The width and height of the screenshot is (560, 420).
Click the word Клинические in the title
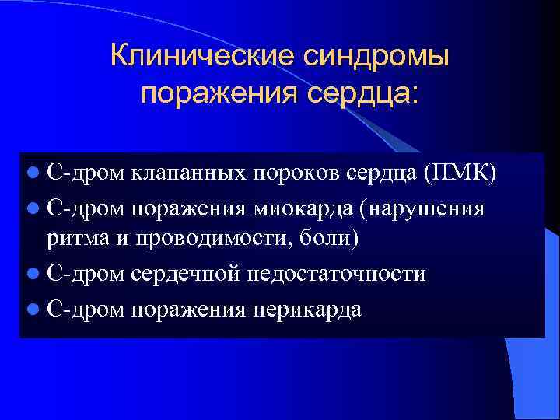click(x=198, y=56)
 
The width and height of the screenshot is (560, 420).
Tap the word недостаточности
click(x=335, y=274)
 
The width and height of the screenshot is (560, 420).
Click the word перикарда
click(x=307, y=309)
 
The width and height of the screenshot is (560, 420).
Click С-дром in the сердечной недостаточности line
click(x=85, y=274)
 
